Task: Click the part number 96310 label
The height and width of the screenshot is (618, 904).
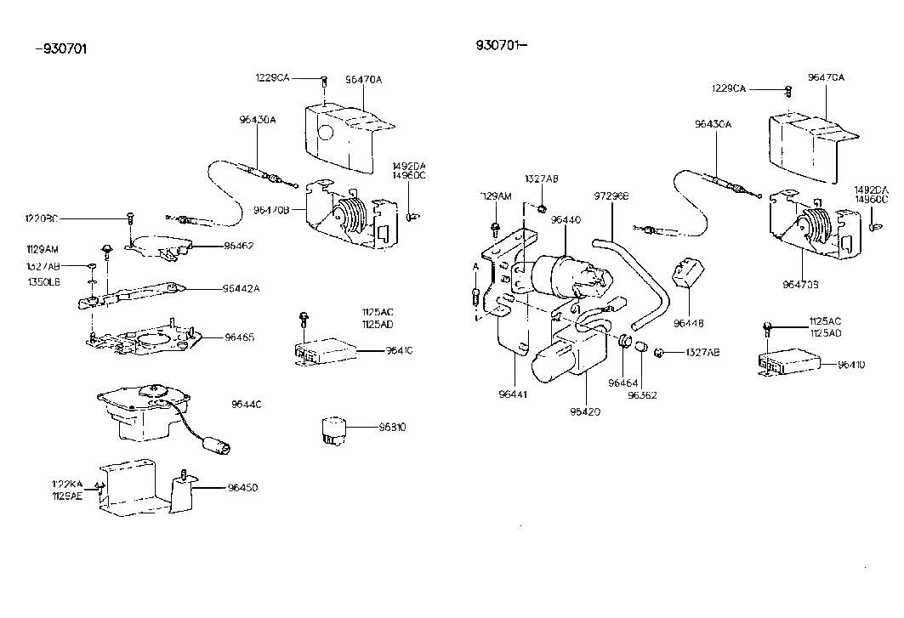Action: coord(391,427)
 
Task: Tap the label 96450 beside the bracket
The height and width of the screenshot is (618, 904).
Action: coord(242,488)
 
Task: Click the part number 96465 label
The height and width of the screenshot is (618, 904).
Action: coord(240,337)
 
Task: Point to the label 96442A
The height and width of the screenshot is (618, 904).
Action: coord(242,288)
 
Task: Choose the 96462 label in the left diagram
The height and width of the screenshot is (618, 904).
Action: coord(240,246)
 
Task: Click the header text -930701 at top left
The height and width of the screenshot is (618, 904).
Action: coord(61,48)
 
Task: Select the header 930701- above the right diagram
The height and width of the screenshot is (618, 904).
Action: coord(502,45)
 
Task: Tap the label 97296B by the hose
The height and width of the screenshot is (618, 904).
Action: coord(611,196)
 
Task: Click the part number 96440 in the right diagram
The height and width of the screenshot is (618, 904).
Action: coord(565,219)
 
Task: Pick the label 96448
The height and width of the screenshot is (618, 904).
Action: coord(689,323)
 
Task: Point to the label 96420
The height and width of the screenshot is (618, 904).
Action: coord(586,411)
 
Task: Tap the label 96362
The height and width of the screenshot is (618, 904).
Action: coord(644,395)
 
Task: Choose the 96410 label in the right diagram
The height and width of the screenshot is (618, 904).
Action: coord(851,365)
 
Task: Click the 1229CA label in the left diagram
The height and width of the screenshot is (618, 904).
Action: coord(272,77)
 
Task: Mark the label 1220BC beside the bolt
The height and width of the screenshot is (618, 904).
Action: coord(42,218)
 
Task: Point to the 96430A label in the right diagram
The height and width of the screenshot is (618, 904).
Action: coord(712,124)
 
